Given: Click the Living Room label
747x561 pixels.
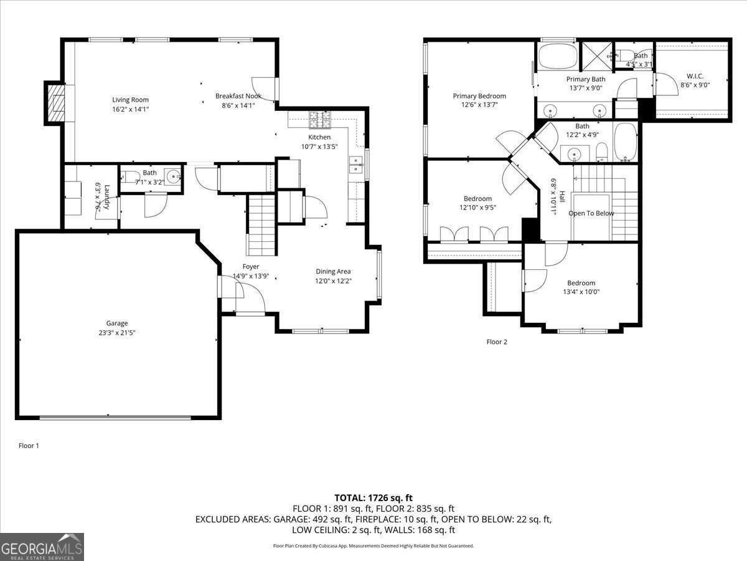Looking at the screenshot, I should point(130,100).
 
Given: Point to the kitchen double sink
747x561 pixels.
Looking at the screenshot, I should point(357,165).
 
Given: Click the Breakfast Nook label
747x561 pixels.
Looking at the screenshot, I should point(238,96).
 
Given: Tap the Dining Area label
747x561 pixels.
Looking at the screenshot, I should point(333,271).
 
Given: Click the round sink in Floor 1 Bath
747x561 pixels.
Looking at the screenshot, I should point(171,174).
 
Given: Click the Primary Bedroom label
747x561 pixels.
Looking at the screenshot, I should point(479,96).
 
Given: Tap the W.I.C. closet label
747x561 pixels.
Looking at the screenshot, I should point(695,76).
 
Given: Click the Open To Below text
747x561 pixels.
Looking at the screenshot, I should point(591,213).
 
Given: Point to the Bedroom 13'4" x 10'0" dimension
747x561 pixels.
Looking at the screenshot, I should point(581,292).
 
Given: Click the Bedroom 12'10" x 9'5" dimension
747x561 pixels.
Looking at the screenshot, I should point(477,208).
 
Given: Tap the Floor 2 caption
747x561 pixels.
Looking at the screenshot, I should point(496,342).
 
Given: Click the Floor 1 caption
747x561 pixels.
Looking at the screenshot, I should point(29,446).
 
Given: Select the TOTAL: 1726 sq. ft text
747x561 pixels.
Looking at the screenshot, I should point(374,497).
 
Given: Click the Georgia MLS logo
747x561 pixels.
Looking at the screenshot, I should point(42,547).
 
